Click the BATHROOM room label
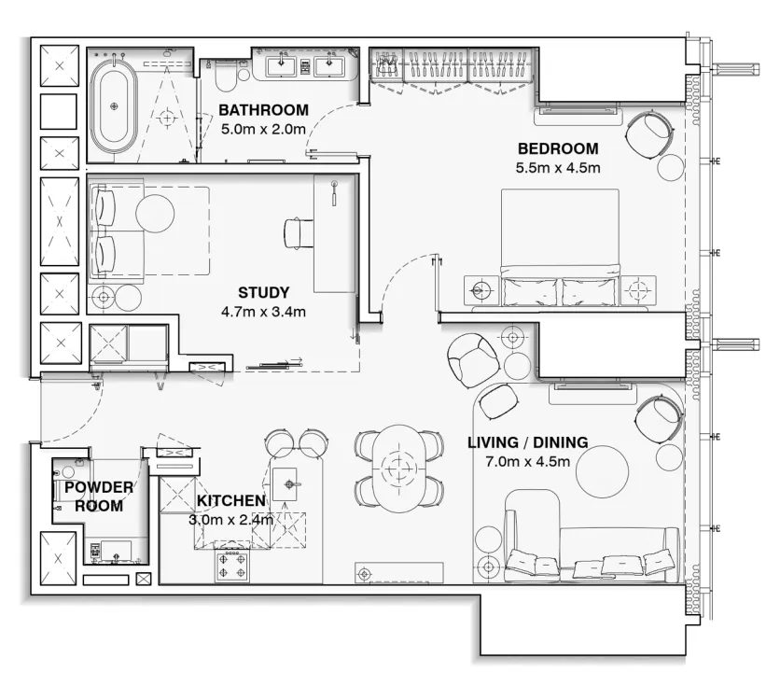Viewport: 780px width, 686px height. tap(263, 110)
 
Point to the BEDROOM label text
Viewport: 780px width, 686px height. tap(557, 148)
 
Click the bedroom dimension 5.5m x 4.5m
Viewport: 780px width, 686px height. tap(557, 168)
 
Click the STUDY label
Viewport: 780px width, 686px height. tap(263, 292)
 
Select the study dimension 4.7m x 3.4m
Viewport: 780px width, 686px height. tap(263, 312)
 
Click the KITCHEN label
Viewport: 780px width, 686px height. tap(230, 501)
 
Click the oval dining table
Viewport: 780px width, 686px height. tap(402, 467)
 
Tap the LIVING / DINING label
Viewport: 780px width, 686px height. tap(527, 441)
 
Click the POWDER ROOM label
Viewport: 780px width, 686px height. tap(98, 497)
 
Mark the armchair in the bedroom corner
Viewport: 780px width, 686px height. tap(648, 133)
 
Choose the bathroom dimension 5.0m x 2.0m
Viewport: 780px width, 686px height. tap(263, 129)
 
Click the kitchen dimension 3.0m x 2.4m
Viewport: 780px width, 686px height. tap(230, 520)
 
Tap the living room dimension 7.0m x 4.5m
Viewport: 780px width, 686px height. tap(527, 461)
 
